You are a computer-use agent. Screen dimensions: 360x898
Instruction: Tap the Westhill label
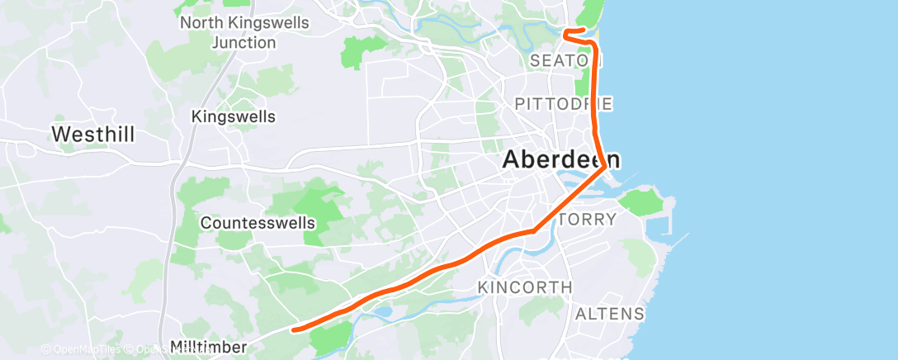[92, 134]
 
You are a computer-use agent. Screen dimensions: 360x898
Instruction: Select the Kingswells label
[233, 116]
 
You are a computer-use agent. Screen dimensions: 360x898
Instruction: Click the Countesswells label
[258, 223]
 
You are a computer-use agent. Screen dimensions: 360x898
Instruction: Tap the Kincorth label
[525, 287]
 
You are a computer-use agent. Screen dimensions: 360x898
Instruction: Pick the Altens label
[609, 314]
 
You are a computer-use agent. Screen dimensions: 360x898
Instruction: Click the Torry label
[588, 220]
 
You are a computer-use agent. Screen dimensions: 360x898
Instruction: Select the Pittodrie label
[563, 104]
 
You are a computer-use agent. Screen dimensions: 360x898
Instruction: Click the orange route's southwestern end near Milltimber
[294, 329]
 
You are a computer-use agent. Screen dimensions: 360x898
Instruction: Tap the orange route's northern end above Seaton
[583, 31]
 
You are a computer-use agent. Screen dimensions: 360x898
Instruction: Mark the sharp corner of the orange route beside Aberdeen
[606, 167]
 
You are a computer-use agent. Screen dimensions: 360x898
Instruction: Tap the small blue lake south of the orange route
[384, 313]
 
